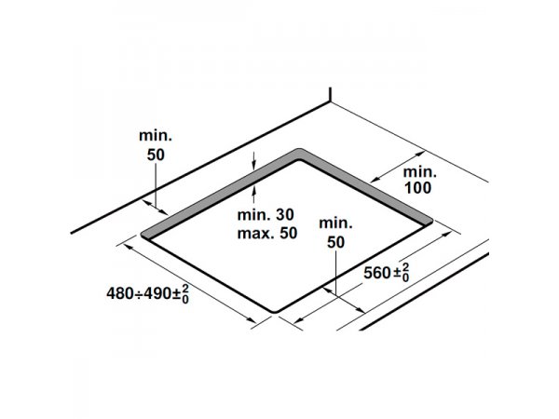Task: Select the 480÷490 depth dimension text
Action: pyautogui.click(x=147, y=294)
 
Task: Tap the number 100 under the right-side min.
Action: pyautogui.click(x=417, y=188)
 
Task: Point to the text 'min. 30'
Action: pyautogui.click(x=266, y=214)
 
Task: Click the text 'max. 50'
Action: pyautogui.click(x=267, y=234)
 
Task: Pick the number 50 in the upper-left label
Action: pyautogui.click(x=156, y=155)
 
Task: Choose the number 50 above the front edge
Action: pyautogui.click(x=335, y=242)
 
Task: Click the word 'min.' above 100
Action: pyautogui.click(x=419, y=171)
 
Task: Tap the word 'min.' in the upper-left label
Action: pyautogui.click(x=156, y=135)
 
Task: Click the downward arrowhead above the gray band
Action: pyautogui.click(x=253, y=165)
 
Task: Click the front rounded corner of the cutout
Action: pyautogui.click(x=275, y=312)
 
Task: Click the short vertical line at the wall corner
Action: pyautogui.click(x=331, y=95)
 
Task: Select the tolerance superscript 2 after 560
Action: pyautogui.click(x=406, y=267)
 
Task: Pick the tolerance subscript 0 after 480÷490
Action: pyautogui.click(x=185, y=299)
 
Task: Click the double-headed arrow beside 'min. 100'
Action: pyautogui.click(x=398, y=167)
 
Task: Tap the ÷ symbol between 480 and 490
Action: pyautogui.click(x=139, y=294)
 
